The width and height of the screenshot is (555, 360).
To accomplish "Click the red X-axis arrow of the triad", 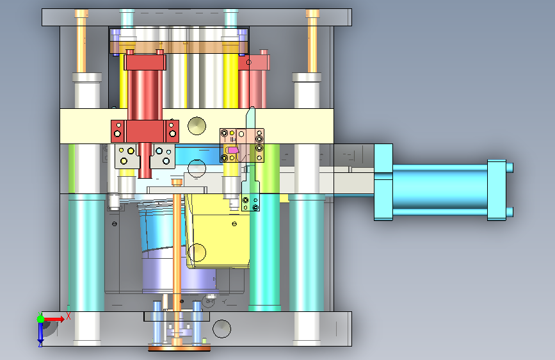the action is pos(53,319).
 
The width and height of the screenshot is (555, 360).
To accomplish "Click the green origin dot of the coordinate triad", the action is pos(40,319).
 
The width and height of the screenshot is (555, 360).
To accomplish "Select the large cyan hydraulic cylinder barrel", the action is pos(440,190).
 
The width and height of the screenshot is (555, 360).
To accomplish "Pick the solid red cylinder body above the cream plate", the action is pos(145,89).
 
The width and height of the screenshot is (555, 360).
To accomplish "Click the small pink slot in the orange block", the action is pos(232,151).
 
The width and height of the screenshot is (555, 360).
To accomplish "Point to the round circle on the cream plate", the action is pos(197,126).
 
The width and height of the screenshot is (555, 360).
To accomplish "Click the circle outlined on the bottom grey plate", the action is pos(222,329).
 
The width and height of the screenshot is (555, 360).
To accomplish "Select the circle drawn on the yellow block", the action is pos(197,252).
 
